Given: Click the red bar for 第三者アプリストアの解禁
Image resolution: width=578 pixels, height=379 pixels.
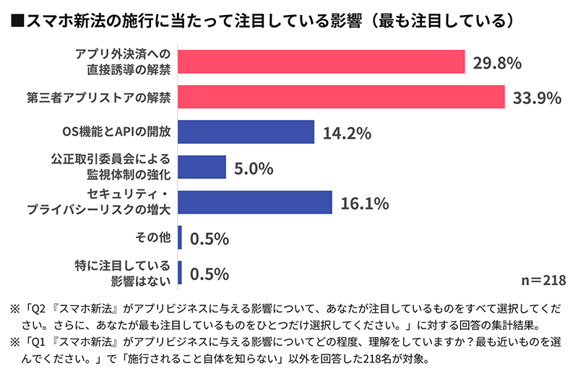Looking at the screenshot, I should click(340, 97).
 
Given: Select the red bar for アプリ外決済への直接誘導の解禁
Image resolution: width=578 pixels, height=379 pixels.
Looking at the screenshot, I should click(320, 61).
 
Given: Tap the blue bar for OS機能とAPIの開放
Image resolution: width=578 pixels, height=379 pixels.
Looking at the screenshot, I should click(245, 132).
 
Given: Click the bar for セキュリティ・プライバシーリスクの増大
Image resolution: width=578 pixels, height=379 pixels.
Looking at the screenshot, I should click(254, 202).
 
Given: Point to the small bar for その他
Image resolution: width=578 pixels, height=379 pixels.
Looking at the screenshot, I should click(180, 238).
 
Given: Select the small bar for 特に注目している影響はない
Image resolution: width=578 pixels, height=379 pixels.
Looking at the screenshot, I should click(180, 273).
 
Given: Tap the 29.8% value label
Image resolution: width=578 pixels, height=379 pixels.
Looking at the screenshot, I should click(497, 63).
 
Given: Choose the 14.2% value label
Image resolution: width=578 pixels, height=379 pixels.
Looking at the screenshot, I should click(347, 134).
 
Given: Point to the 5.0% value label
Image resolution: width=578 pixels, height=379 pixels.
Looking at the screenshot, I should click(253, 169).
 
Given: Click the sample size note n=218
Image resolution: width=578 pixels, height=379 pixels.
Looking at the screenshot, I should click(543, 279).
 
